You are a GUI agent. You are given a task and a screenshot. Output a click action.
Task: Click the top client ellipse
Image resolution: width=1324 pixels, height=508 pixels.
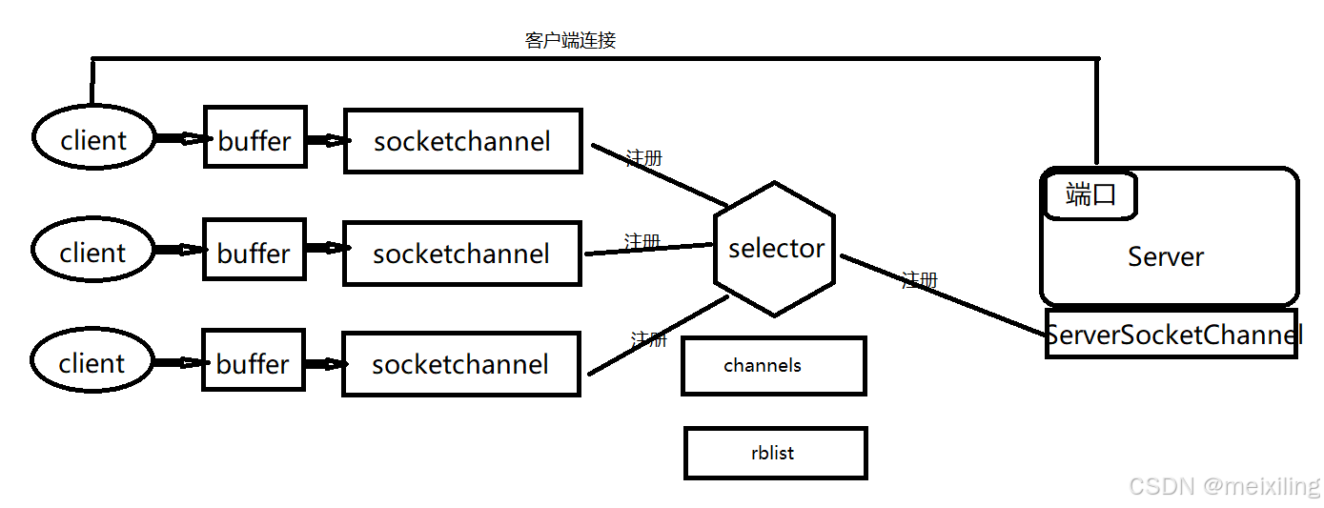tap(93, 139)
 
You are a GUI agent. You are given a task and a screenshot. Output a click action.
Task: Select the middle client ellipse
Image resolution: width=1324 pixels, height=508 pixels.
tap(92, 252)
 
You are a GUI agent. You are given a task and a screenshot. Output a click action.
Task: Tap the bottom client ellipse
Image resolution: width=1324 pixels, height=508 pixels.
tap(92, 362)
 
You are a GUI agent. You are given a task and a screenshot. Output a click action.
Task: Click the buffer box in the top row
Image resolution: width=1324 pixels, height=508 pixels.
tap(255, 140)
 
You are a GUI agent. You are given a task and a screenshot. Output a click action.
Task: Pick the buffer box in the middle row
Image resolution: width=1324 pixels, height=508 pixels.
tap(254, 253)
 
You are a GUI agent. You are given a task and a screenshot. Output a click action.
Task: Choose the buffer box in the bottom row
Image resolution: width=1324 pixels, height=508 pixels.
tap(253, 363)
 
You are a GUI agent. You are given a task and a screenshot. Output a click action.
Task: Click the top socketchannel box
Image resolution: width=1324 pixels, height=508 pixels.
tap(462, 141)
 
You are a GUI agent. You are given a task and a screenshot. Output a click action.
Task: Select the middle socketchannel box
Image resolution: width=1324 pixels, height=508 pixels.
tap(461, 254)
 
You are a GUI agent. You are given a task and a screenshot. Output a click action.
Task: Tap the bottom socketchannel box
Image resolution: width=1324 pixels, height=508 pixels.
tap(460, 364)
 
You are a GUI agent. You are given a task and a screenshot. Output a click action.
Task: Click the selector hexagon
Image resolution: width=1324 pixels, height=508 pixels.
tap(775, 249)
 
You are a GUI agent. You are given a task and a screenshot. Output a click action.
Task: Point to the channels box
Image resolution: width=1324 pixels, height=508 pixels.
tap(773, 366)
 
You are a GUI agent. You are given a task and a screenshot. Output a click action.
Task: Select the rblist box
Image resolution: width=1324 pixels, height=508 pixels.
tap(775, 453)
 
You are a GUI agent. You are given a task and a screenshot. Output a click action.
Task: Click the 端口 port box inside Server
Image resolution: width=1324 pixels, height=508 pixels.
tap(1090, 196)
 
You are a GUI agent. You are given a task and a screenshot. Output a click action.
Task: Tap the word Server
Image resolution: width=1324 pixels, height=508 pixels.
tap(1166, 256)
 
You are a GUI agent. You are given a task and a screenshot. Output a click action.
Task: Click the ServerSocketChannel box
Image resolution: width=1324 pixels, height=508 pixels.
tap(1171, 335)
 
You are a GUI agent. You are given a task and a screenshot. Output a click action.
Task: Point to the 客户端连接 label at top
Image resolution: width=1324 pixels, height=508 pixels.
tap(570, 40)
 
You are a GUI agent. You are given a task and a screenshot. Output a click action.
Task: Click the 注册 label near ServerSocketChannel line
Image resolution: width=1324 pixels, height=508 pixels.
tap(919, 280)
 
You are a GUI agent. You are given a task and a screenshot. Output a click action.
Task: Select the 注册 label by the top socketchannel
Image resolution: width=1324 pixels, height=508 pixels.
tap(643, 158)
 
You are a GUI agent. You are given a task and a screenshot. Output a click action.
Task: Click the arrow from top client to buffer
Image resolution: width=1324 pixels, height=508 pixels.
tap(180, 139)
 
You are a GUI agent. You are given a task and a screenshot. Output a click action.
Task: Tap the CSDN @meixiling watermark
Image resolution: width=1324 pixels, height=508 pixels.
tap(1224, 486)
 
